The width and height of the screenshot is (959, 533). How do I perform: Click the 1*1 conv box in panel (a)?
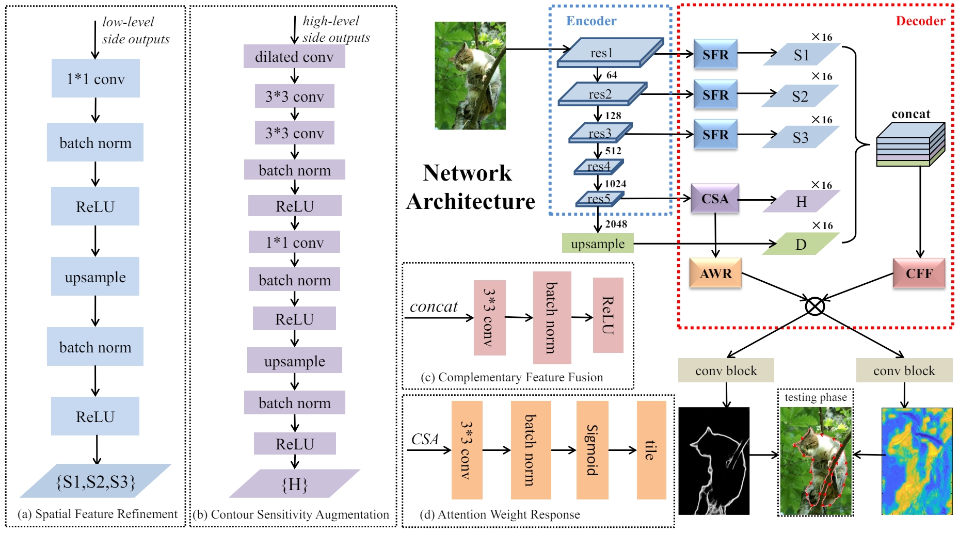[x=95, y=78]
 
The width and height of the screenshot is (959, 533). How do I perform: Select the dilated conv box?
[x=294, y=56]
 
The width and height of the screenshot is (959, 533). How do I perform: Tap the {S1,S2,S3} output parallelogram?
[x=95, y=481]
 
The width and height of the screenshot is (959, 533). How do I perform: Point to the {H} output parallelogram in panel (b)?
[x=294, y=483]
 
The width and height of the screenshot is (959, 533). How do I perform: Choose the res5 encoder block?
[x=599, y=199]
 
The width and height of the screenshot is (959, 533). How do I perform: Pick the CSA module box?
[x=715, y=199]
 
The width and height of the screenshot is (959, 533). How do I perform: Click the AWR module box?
[x=715, y=273]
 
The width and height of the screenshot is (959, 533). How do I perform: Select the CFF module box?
[x=919, y=273]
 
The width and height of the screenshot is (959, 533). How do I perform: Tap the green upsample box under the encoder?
[x=598, y=244]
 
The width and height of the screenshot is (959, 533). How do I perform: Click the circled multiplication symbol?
[x=815, y=306]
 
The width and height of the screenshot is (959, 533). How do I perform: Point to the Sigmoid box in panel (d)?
[x=592, y=450]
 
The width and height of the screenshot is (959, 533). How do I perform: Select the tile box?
[x=651, y=450]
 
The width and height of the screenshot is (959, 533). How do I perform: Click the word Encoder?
[x=591, y=21]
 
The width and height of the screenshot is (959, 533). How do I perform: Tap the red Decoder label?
[x=920, y=21]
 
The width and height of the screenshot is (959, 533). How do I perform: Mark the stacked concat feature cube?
[x=910, y=144]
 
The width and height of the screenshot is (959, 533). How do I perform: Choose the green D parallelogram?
[x=801, y=244]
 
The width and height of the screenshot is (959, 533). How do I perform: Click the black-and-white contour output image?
[x=714, y=461]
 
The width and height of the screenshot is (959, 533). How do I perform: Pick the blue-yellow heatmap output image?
[x=917, y=461]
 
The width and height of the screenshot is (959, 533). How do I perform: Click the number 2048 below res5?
[x=616, y=224]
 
